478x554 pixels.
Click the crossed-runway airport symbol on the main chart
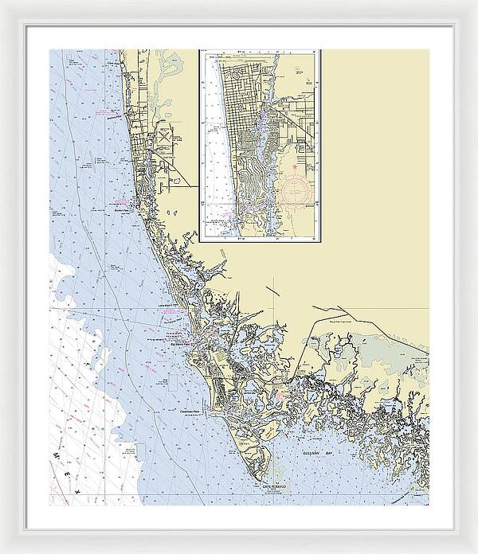[164, 138]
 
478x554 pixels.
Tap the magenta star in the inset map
[294, 167]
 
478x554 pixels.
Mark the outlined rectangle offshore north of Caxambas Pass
[174, 383]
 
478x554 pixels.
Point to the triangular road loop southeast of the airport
[170, 166]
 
